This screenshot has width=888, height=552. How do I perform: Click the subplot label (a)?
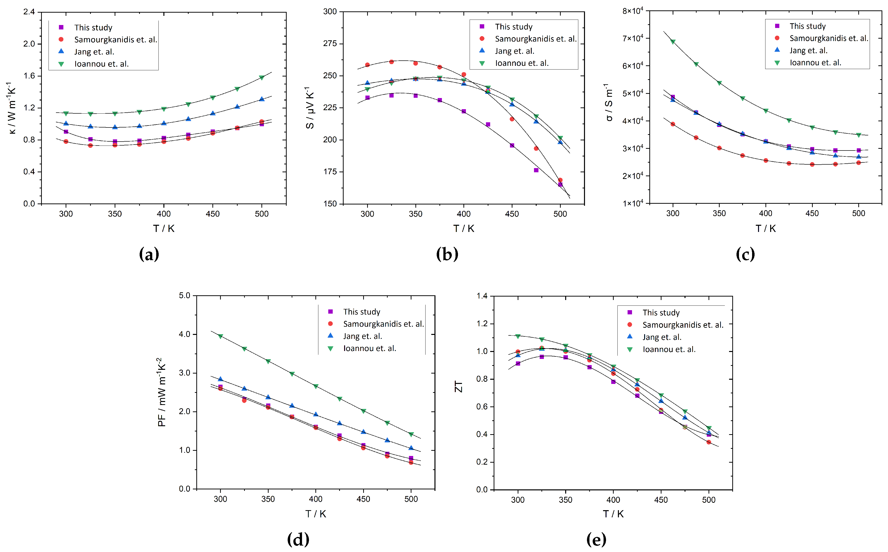[149, 254]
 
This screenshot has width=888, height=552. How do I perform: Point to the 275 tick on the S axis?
[330, 44]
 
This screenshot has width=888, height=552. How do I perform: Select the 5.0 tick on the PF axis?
[184, 295]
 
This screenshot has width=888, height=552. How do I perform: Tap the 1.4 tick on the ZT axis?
[482, 296]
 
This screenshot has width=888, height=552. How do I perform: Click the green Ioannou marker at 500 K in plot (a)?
[261, 78]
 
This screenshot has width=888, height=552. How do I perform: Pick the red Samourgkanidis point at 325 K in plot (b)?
[391, 62]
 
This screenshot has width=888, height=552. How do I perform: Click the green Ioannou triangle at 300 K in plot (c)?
[673, 42]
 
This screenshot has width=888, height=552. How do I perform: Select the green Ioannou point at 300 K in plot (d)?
[220, 336]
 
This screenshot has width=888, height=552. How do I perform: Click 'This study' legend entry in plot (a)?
[93, 27]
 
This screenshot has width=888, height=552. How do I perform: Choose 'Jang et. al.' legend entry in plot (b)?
[514, 51]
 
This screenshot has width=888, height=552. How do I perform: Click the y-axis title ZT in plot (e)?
[458, 386]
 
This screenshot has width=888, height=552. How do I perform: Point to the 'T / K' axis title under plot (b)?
[464, 228]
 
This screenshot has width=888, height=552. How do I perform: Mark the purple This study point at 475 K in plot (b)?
[536, 170]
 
